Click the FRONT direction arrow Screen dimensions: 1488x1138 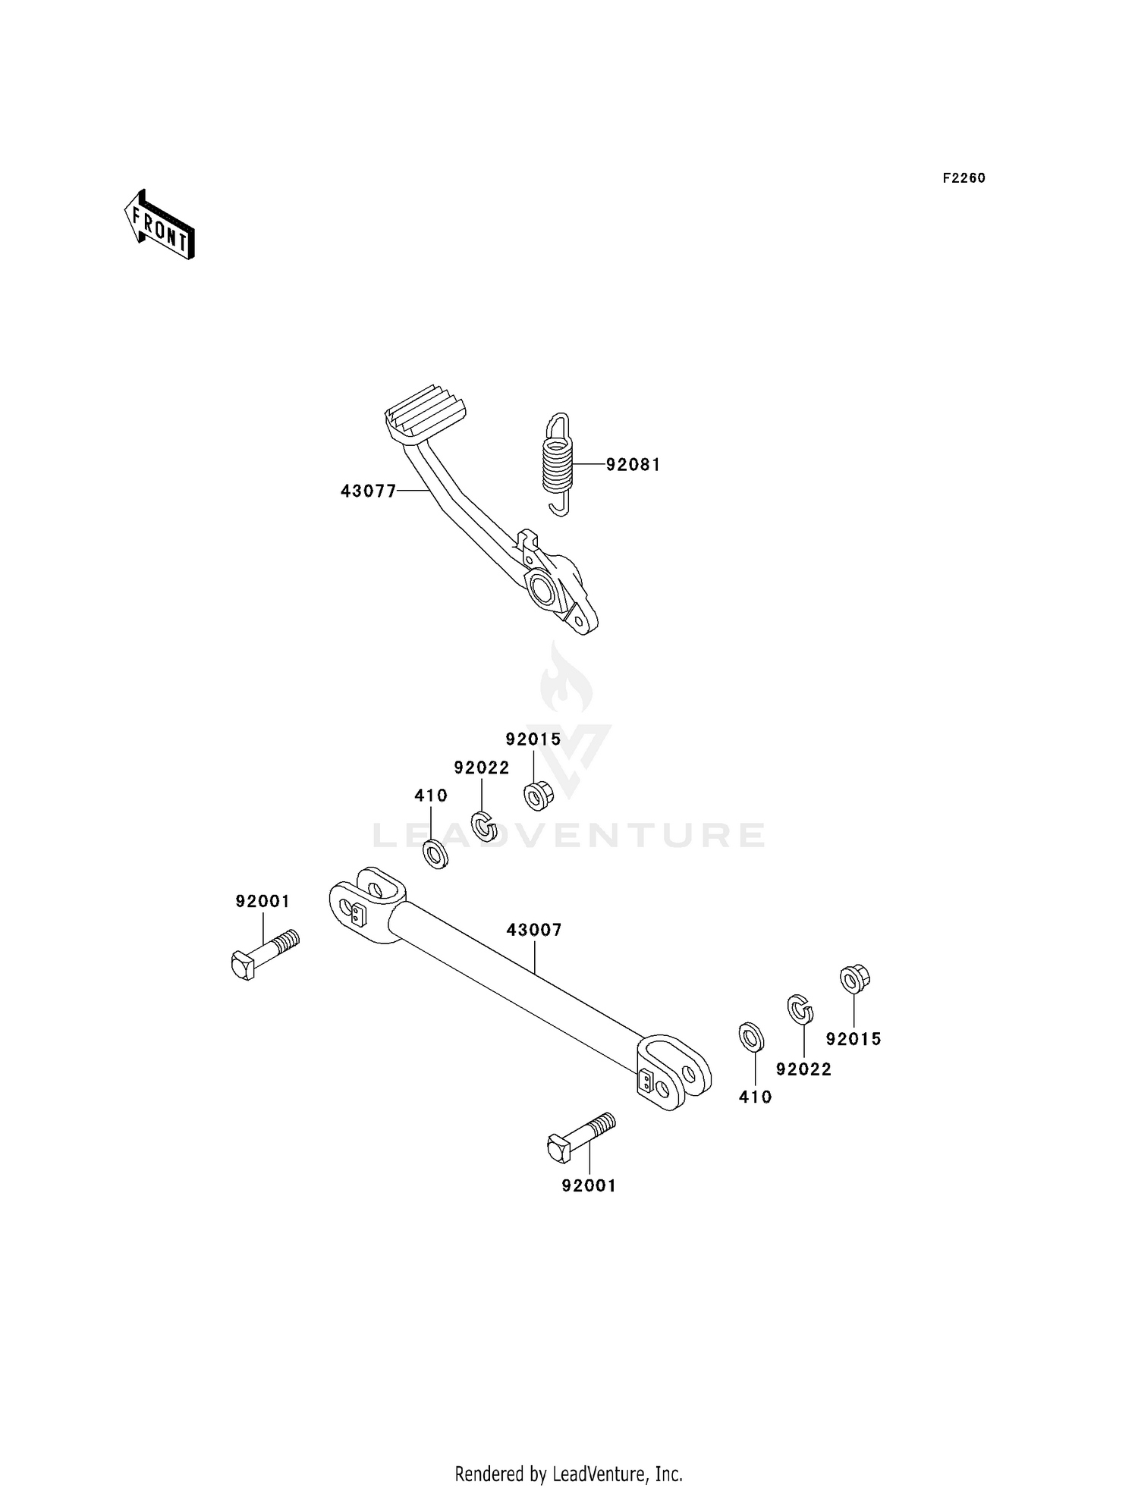point(160,226)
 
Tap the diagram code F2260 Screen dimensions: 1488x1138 point(964,178)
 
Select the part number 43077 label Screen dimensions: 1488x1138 point(368,491)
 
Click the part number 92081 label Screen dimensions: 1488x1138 point(633,465)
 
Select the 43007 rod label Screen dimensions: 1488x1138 point(534,930)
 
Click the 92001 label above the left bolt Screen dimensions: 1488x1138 point(262,902)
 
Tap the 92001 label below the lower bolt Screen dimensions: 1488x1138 point(589,1185)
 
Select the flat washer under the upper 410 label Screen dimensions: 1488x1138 point(435,854)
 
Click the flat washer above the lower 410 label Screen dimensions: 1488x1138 point(751,1037)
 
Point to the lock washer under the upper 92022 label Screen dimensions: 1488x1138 point(483,825)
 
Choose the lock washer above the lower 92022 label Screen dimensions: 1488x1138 point(800,1009)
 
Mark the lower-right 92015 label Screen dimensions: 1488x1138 point(853,1039)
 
